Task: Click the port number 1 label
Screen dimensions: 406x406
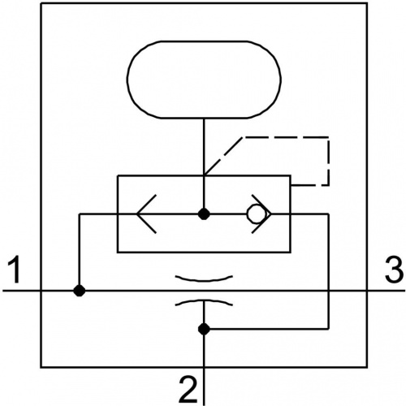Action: coord(15,270)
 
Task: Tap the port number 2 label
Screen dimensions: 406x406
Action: coord(188,390)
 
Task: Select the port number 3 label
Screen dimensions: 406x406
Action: coord(394,270)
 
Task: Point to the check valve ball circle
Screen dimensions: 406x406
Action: coord(255,214)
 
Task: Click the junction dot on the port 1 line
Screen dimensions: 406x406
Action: coord(80,291)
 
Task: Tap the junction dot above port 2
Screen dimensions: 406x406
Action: coord(204,329)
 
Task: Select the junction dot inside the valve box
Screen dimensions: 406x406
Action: coord(204,214)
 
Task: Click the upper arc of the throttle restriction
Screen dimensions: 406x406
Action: coord(204,279)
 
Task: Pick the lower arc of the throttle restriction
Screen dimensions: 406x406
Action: coord(204,301)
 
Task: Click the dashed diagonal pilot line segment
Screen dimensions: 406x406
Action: coord(223,156)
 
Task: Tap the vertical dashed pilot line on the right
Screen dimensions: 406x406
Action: coord(329,162)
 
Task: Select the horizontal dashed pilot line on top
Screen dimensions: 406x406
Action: coord(286,138)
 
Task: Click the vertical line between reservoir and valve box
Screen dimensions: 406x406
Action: coord(204,147)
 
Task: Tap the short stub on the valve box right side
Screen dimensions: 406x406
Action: coord(300,185)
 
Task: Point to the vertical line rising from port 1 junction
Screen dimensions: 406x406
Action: coord(80,253)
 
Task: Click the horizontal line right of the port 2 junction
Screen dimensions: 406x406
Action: coord(266,329)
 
